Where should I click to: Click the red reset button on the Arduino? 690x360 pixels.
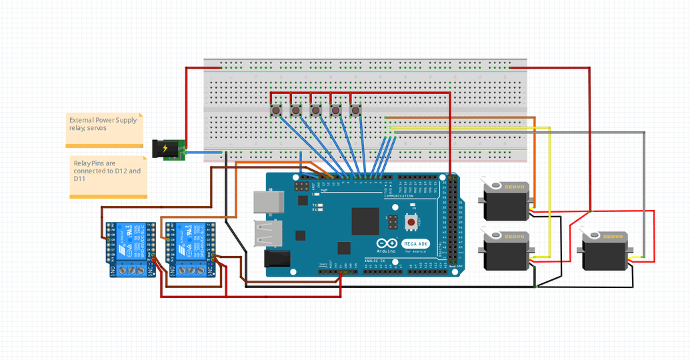click(411, 222)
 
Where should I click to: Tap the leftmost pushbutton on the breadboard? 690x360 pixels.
click(275, 110)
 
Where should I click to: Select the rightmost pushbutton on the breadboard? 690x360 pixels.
click(356, 110)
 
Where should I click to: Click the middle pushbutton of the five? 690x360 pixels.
click(316, 110)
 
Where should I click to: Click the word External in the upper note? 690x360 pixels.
click(82, 120)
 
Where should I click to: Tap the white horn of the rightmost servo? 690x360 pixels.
click(591, 236)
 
